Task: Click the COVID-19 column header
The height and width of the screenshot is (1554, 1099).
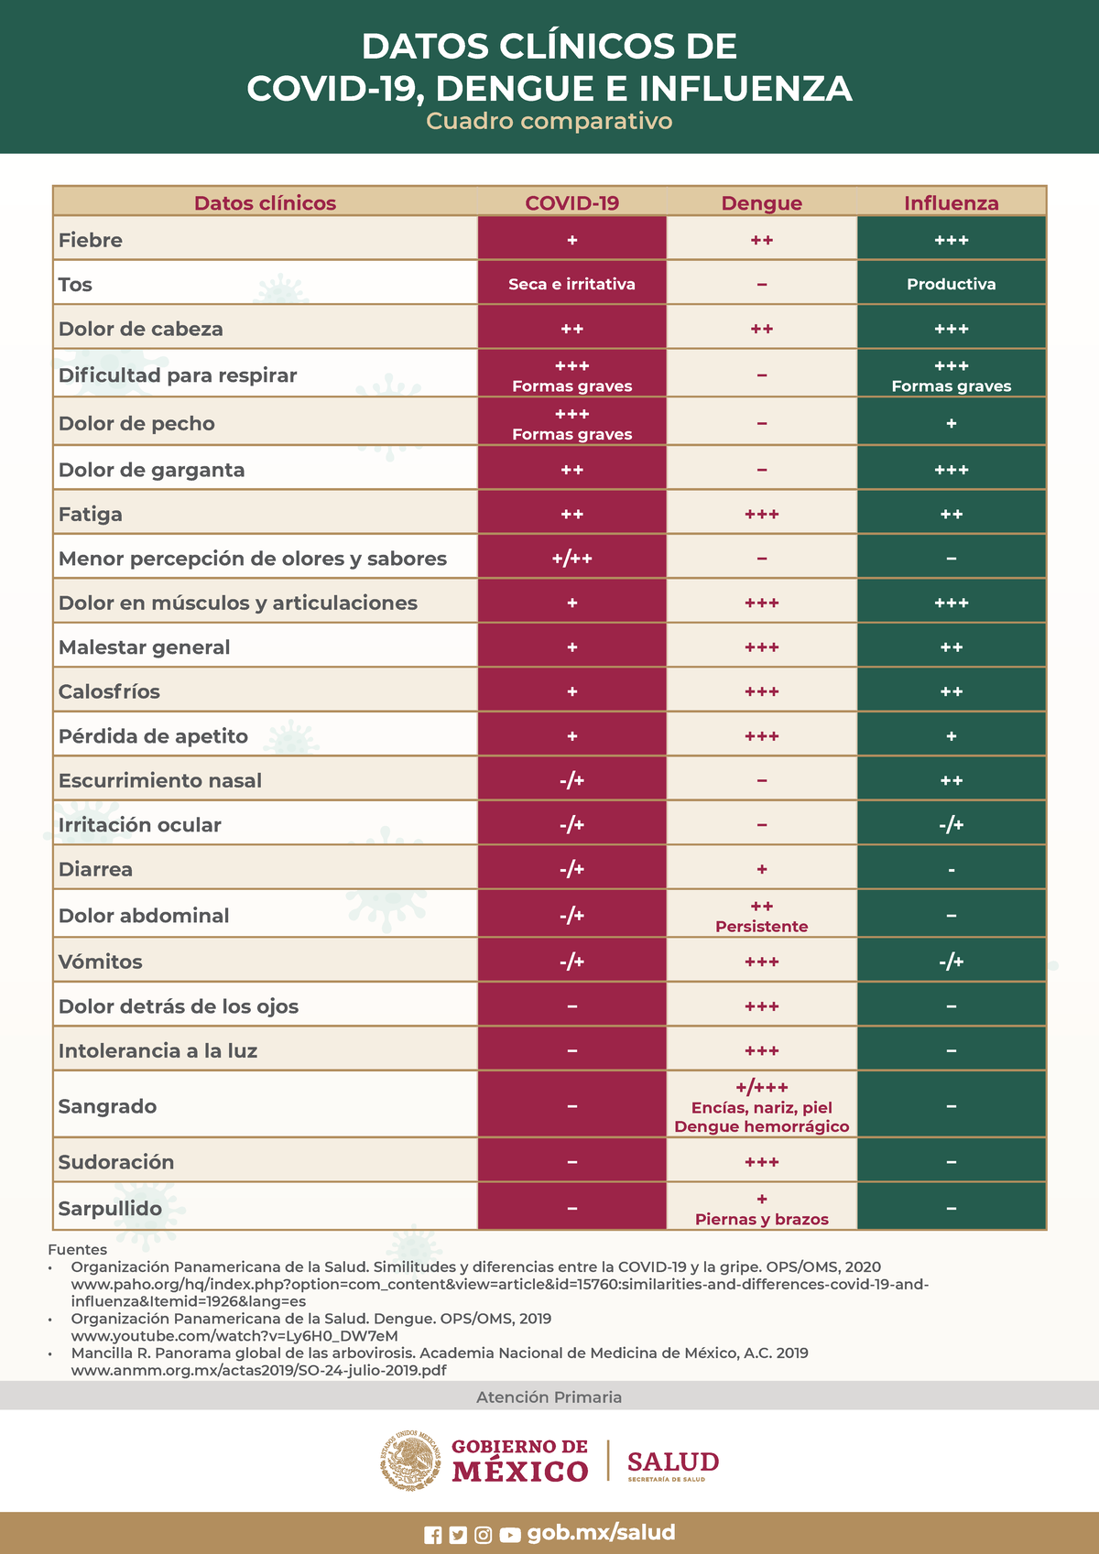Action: [x=571, y=203]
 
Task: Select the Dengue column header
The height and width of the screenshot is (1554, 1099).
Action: [x=761, y=203]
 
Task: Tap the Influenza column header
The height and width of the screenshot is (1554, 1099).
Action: [x=951, y=203]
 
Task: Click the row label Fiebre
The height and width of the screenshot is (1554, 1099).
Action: [x=91, y=240]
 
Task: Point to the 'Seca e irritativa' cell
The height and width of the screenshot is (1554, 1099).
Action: [x=571, y=284]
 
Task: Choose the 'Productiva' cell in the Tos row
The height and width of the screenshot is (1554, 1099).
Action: [x=951, y=284]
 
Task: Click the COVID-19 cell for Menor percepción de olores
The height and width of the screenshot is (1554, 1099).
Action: [x=571, y=558]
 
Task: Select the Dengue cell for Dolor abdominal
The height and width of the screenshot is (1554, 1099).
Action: [x=761, y=916]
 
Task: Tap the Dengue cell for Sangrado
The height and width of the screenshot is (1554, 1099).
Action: [x=761, y=1106]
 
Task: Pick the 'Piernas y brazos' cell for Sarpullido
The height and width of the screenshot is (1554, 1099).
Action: [x=761, y=1209]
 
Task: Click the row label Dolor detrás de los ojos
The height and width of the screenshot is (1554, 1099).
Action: [x=179, y=1006]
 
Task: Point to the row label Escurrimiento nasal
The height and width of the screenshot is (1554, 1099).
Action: [x=160, y=780]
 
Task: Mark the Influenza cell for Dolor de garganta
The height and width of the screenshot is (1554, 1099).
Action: [x=951, y=470]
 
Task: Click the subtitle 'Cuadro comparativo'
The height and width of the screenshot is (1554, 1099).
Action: [x=549, y=121]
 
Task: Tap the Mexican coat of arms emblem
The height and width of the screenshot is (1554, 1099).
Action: [x=410, y=1460]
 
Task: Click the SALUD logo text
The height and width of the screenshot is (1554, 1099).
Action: [x=673, y=1462]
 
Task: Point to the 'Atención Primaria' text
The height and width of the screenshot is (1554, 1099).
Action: [x=549, y=1396]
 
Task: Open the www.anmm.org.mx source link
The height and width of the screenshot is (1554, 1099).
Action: [x=259, y=1370]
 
